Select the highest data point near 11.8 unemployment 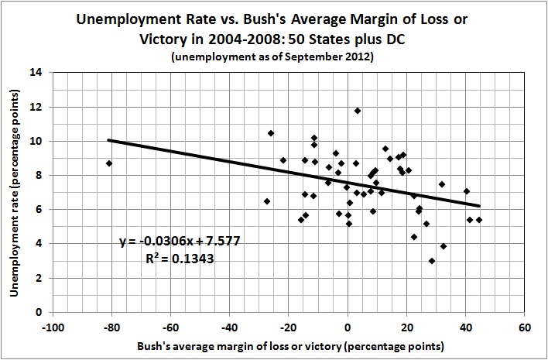pos(358,111)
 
